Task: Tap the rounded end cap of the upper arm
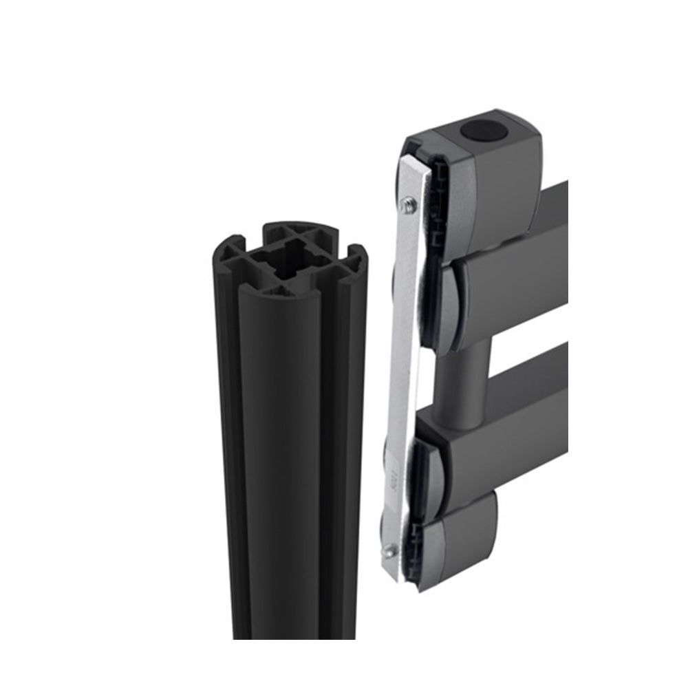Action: (x=454, y=303)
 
